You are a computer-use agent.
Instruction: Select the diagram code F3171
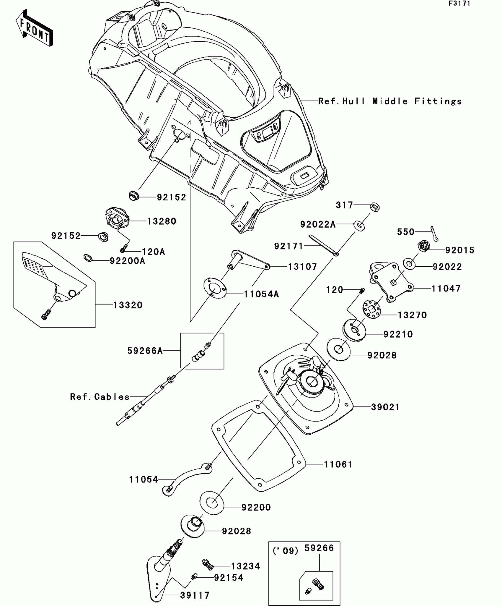[x=459, y=4]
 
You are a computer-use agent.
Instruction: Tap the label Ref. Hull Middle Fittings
[x=390, y=101]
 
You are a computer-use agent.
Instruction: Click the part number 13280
[x=162, y=221]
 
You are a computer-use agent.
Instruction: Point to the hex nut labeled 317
[x=374, y=207]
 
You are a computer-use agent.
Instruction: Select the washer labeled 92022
[x=410, y=264]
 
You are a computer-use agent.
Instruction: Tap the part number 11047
[x=446, y=289]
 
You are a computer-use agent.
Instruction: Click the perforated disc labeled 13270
[x=372, y=309]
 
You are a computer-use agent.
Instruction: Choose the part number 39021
[x=385, y=407]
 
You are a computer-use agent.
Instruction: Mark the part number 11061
[x=338, y=464]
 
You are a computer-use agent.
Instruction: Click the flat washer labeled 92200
[x=211, y=502]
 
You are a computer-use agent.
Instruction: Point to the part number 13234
[x=245, y=566]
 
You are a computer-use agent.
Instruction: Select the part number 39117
[x=195, y=595]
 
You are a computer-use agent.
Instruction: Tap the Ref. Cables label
[x=100, y=397]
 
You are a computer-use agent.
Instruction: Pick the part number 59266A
[x=145, y=351]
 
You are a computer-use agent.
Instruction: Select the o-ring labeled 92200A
[x=88, y=258]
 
